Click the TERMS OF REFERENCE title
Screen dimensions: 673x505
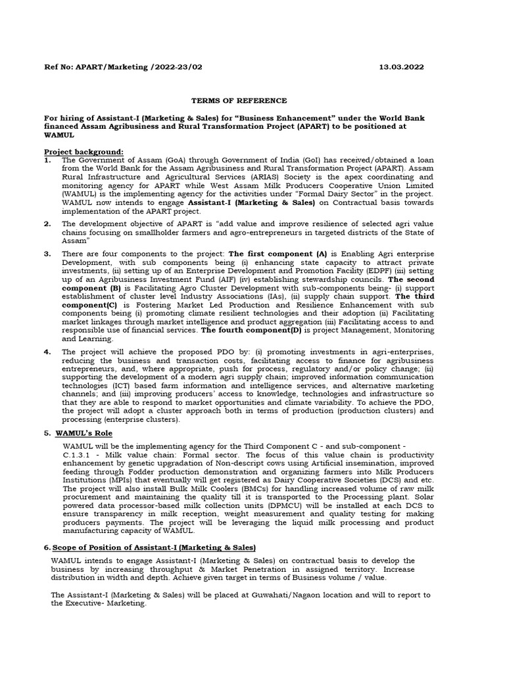tap(239, 101)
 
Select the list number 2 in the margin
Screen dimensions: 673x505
tap(47, 223)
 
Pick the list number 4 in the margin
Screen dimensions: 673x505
tap(47, 352)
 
